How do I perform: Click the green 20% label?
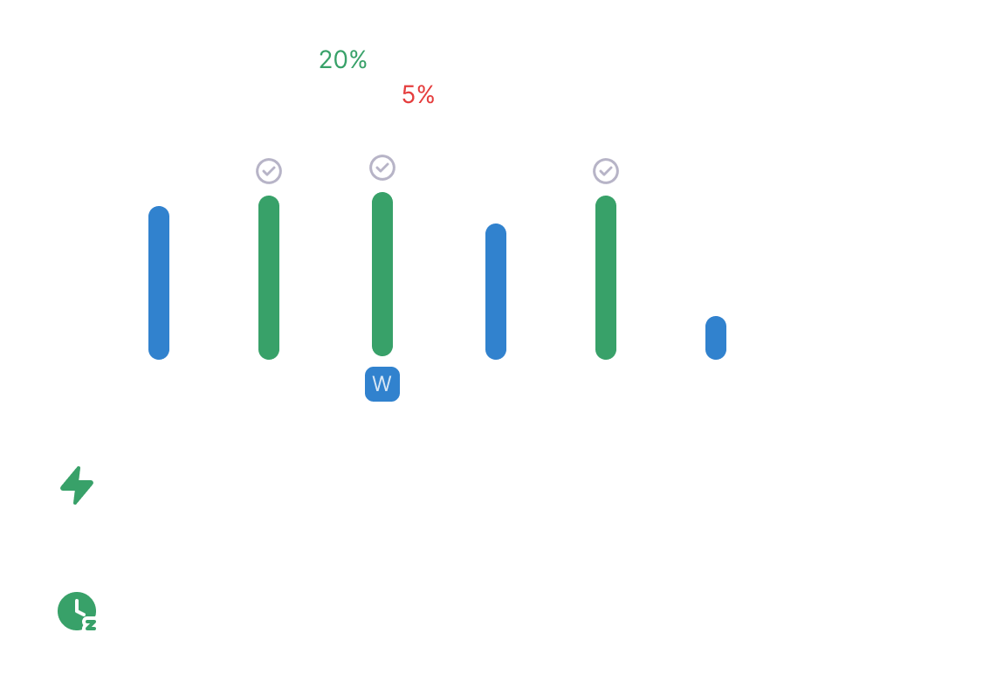tap(342, 60)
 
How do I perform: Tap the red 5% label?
tap(417, 95)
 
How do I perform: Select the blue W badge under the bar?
tap(382, 384)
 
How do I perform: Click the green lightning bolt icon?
tap(77, 485)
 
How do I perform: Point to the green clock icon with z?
tap(77, 611)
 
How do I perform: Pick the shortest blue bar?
tap(715, 338)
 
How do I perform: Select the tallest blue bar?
tap(159, 282)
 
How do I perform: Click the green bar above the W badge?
tap(382, 273)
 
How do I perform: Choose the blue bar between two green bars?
tap(495, 291)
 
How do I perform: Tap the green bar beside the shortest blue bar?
tap(605, 277)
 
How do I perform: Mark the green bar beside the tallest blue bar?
tap(269, 277)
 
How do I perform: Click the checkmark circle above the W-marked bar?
tap(382, 167)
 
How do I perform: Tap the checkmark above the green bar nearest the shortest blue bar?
tap(605, 171)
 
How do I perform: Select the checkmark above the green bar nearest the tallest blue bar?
tap(269, 171)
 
